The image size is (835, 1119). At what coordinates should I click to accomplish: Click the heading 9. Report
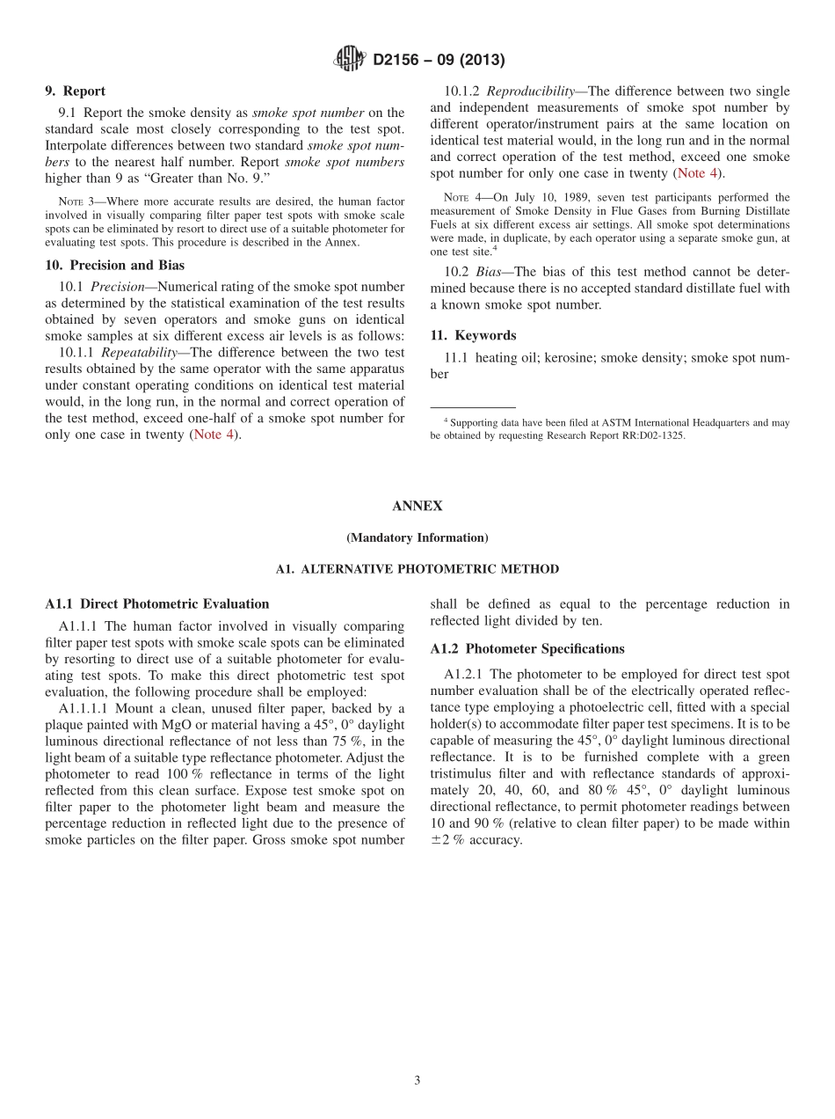(76, 91)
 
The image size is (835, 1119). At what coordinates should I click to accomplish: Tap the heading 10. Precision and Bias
(115, 265)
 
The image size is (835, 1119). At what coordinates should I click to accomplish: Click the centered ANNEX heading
(417, 506)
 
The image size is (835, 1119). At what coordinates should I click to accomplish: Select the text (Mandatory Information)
(417, 538)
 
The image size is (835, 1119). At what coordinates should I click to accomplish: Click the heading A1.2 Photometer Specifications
(527, 648)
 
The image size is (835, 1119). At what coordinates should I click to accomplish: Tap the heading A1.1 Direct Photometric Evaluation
(157, 603)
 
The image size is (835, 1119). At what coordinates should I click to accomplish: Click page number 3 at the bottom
(417, 1080)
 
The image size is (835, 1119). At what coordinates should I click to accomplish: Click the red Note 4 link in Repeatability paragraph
(214, 435)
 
